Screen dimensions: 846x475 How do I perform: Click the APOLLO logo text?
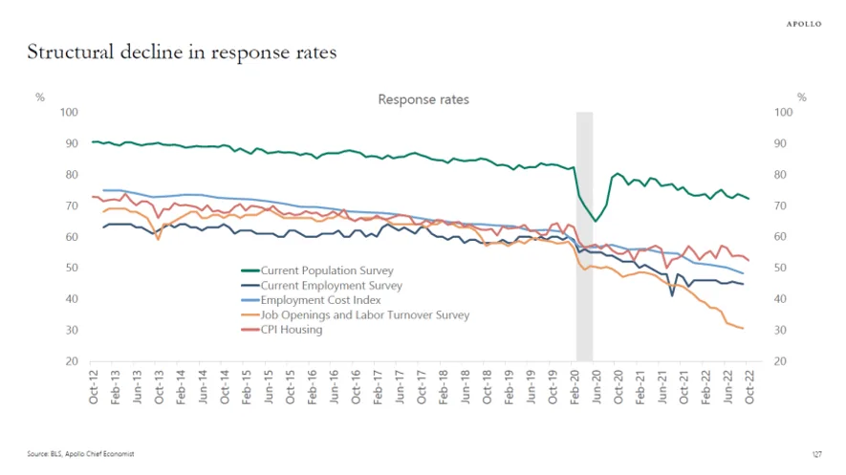pos(803,24)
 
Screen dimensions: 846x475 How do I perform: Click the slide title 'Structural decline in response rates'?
pos(182,53)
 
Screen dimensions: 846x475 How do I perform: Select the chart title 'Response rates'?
pos(423,99)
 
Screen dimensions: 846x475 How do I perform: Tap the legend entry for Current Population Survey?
pos(317,270)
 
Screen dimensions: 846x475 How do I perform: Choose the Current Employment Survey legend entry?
pos(321,285)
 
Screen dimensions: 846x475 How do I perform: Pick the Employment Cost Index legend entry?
pos(311,300)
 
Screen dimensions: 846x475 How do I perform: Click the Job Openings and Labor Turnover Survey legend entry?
pos(355,314)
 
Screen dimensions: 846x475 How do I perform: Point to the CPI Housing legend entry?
pos(282,330)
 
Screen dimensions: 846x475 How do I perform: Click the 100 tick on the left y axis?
pos(69,112)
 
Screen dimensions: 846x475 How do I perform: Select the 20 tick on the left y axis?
pos(72,361)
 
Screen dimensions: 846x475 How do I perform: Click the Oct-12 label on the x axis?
pos(94,387)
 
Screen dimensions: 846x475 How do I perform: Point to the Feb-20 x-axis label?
pos(575,387)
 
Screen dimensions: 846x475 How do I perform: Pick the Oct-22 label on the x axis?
pos(749,387)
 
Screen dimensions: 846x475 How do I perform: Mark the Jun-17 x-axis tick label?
pos(400,387)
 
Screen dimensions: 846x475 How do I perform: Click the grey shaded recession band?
pos(584,236)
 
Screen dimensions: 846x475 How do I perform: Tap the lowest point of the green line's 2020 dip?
pos(596,221)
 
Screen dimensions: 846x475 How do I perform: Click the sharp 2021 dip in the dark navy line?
pos(672,295)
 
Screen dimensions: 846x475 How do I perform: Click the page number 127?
pos(817,455)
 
